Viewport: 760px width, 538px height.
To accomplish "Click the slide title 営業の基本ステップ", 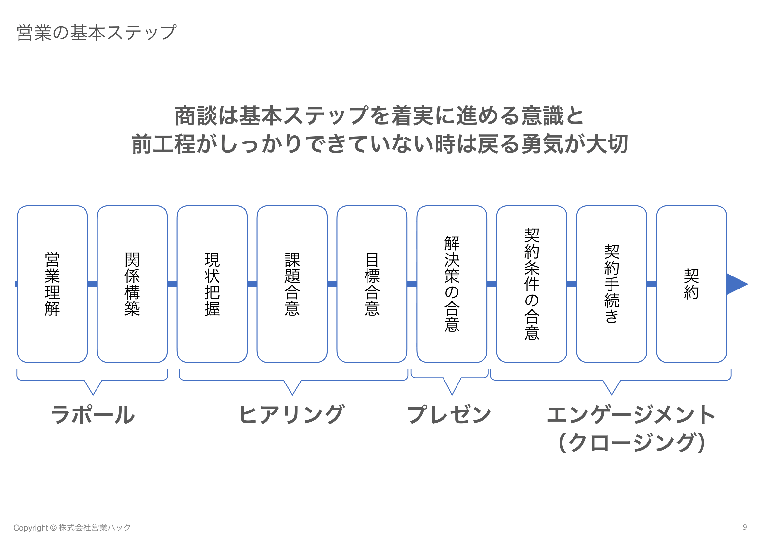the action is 96,33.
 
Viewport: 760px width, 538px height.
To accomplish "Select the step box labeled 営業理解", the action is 52,284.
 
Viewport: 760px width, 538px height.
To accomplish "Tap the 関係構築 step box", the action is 132,284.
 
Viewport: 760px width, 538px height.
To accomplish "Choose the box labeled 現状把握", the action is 212,284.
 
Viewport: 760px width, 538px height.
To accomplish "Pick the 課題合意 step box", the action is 292,284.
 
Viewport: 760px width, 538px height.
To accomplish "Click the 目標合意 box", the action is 372,284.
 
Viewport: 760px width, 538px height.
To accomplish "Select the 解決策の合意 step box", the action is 452,284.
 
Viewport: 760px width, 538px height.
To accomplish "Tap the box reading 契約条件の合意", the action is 532,284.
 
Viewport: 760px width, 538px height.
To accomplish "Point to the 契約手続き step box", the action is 612,284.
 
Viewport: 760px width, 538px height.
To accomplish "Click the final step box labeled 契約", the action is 691,284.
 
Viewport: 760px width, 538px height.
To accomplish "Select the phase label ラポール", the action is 93,415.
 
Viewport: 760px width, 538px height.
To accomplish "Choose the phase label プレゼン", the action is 449,415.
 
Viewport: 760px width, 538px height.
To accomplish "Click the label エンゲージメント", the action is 631,415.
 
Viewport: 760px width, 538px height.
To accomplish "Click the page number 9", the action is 745,527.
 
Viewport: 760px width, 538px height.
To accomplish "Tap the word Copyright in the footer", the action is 31,528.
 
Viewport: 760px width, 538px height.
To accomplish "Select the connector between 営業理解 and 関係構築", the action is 92,284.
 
